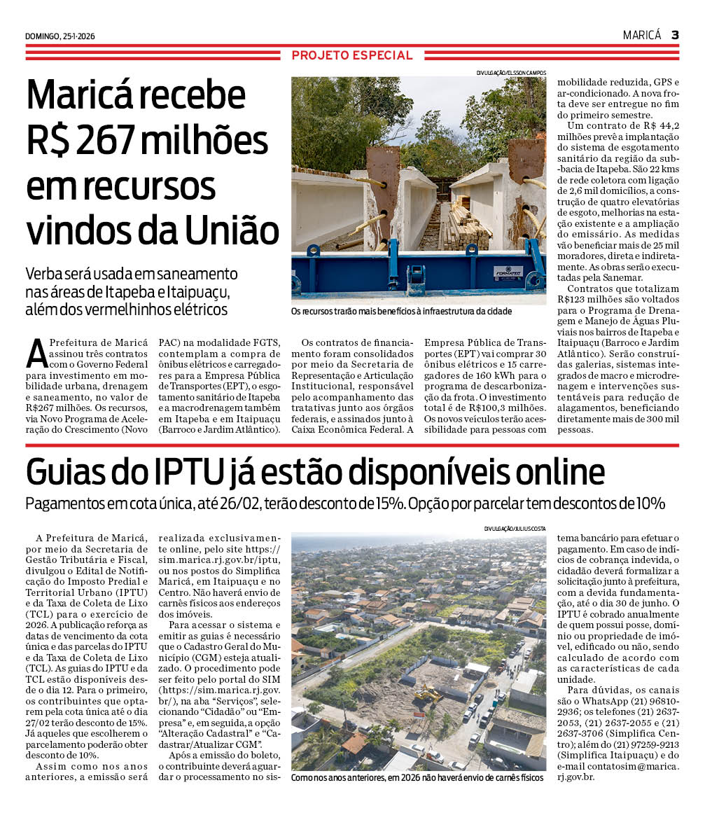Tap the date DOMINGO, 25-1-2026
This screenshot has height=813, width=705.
point(60,36)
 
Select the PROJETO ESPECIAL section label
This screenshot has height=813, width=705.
point(352,55)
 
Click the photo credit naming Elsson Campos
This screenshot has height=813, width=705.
point(511,73)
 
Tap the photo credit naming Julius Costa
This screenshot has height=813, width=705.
point(515,528)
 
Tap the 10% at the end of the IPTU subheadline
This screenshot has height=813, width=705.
point(649,503)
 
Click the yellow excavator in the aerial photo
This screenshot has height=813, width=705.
point(428,693)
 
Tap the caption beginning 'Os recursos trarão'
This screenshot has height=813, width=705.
point(401,311)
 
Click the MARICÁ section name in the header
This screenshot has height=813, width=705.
point(641,35)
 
